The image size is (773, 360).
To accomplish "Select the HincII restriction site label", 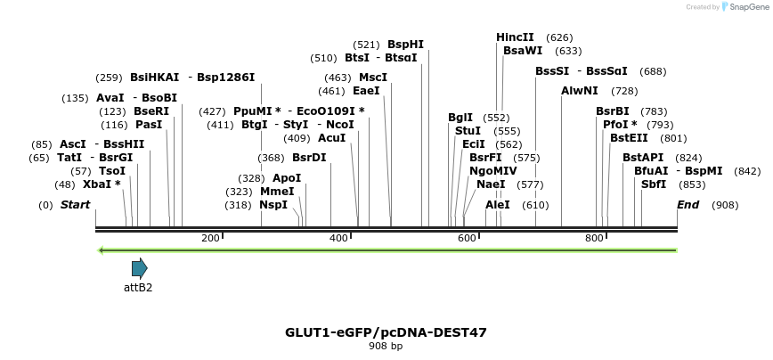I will click(x=515, y=37).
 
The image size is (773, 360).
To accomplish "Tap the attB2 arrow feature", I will click(x=139, y=268).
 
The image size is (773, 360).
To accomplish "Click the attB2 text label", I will click(x=138, y=288).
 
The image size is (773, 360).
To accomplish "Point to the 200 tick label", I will click(x=210, y=238).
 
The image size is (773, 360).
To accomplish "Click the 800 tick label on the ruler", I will click(x=594, y=238).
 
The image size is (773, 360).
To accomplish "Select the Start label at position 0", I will click(x=75, y=205).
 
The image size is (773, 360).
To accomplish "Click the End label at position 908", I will click(x=688, y=205).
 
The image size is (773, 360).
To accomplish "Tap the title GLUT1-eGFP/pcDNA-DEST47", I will click(x=386, y=332).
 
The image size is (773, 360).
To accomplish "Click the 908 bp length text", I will click(x=386, y=346).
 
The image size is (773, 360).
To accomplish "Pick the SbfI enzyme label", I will click(x=654, y=184).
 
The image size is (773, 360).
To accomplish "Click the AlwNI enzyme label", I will click(x=580, y=91).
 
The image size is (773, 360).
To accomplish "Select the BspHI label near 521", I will click(x=405, y=45).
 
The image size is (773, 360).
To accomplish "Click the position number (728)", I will click(x=624, y=91).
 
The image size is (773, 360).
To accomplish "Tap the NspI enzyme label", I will click(x=273, y=205).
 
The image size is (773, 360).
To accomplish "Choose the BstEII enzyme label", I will click(x=629, y=138).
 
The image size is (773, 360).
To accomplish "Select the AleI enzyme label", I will click(x=498, y=205).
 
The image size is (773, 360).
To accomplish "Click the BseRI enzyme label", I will click(x=151, y=111).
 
